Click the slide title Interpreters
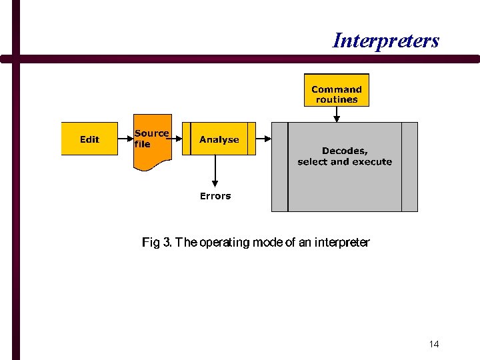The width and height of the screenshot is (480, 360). click(386, 41)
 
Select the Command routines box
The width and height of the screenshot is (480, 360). click(337, 91)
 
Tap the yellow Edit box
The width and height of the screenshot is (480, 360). click(89, 139)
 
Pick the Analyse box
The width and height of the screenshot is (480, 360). click(219, 139)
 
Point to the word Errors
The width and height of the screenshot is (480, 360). click(215, 196)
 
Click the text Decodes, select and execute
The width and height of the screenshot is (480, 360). click(345, 157)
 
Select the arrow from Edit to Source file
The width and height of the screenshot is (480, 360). click(125, 139)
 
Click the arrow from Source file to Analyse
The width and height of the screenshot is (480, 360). click(177, 139)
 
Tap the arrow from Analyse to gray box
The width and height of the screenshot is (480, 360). click(263, 139)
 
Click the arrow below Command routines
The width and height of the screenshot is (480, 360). click(337, 114)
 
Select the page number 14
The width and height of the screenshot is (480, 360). click(434, 344)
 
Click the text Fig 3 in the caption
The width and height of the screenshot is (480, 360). click(157, 243)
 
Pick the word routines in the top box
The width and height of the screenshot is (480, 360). click(337, 100)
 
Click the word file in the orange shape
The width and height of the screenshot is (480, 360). click(142, 144)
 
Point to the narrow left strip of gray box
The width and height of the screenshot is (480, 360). click(279, 167)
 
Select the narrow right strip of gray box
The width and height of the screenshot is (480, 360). click(409, 167)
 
